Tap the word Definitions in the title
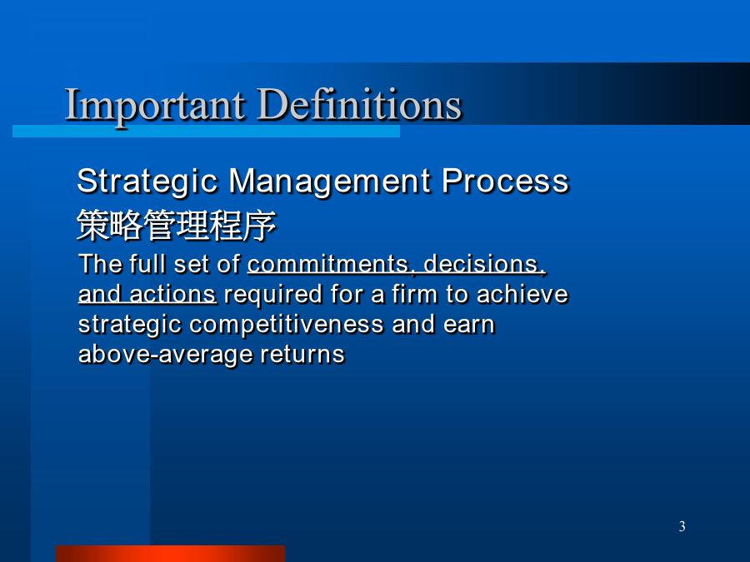click(359, 104)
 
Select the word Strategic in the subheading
click(147, 182)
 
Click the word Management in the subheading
click(330, 182)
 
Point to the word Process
click(505, 181)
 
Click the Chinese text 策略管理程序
click(177, 225)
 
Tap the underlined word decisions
click(484, 264)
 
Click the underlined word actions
click(173, 294)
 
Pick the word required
click(273, 296)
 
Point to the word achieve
click(522, 294)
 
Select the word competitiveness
click(287, 326)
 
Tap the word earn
click(468, 325)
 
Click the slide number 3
click(682, 526)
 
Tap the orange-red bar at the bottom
click(170, 554)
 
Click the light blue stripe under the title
click(206, 132)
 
